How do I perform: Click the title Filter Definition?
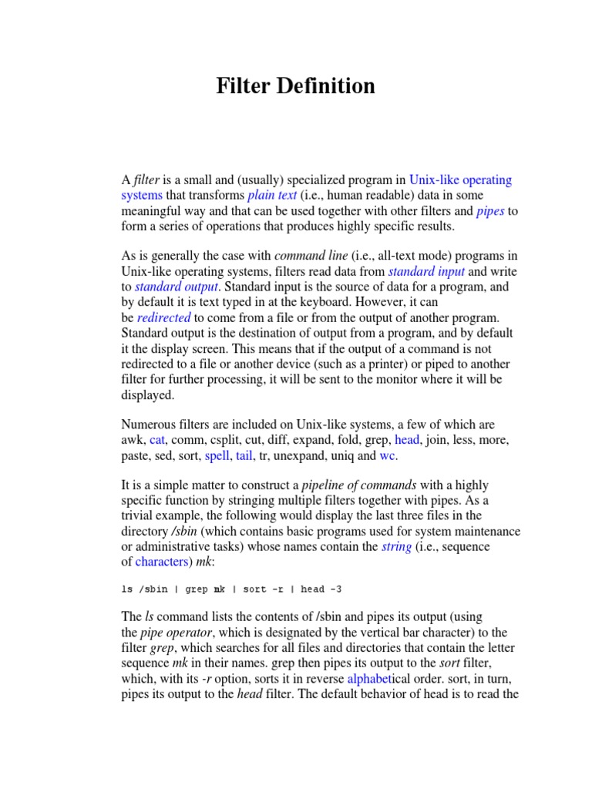coord(295,86)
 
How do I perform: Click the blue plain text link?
coord(272,196)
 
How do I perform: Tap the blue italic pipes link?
coord(491,211)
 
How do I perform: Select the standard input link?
coord(426,271)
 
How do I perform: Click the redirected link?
coord(164,317)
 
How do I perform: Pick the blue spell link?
coord(217,455)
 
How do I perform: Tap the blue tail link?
coord(244,455)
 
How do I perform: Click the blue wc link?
coord(388,455)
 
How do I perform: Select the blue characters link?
coord(162,562)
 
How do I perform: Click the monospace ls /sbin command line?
coord(231,589)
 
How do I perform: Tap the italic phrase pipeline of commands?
coord(359,485)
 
